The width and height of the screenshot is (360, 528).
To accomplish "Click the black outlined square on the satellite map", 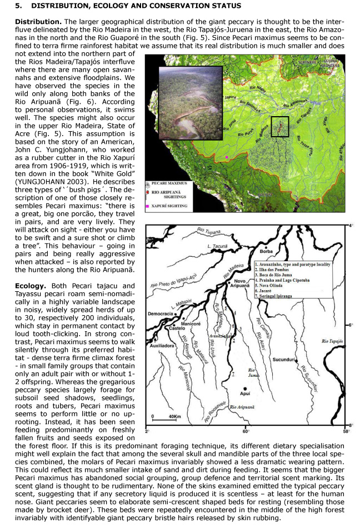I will tap(280, 126).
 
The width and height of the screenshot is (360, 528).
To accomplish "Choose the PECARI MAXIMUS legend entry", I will tap(169, 183).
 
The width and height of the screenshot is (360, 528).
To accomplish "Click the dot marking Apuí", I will tap(244, 390).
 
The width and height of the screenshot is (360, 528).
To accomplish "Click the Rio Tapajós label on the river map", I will tap(334, 341).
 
